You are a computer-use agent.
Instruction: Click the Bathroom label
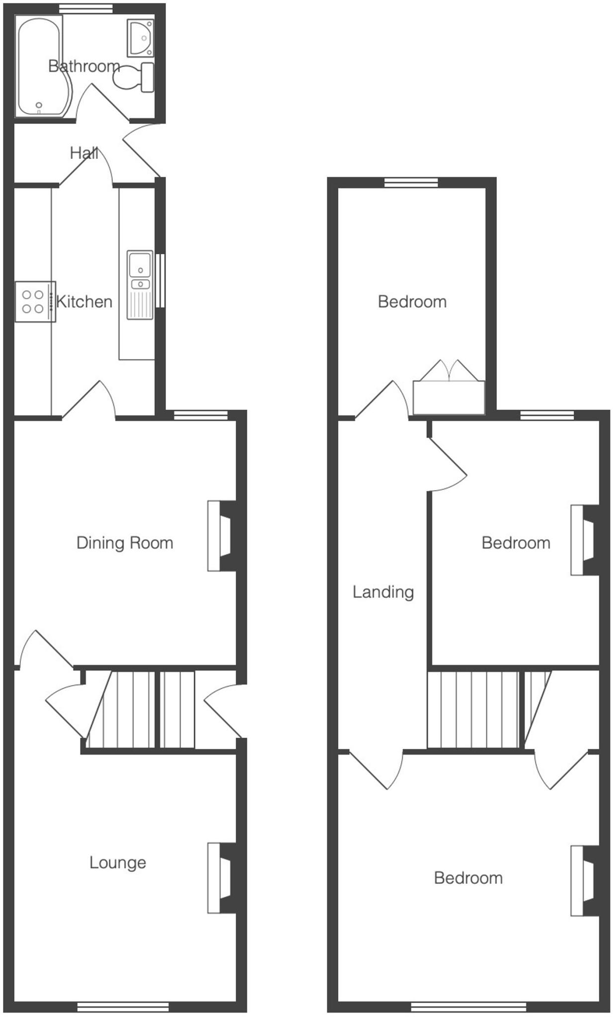click(x=84, y=66)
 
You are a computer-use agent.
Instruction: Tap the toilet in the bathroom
click(x=135, y=77)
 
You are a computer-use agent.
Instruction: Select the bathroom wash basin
click(x=141, y=38)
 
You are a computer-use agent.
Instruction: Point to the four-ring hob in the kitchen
click(x=34, y=301)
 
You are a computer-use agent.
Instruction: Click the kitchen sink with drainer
click(x=140, y=285)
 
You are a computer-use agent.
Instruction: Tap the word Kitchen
click(x=84, y=301)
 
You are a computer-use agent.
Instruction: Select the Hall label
click(x=83, y=153)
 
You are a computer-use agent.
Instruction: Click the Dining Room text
click(x=125, y=543)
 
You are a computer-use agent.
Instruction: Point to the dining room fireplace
click(x=222, y=536)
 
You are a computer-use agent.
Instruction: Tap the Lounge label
click(x=118, y=863)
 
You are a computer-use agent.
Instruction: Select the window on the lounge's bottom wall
click(x=123, y=1007)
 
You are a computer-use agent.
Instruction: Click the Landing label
click(x=383, y=592)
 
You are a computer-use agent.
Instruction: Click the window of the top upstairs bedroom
click(x=411, y=183)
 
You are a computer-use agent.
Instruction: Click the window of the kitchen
click(x=160, y=281)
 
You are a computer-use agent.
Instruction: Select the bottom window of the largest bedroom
click(x=468, y=1007)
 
